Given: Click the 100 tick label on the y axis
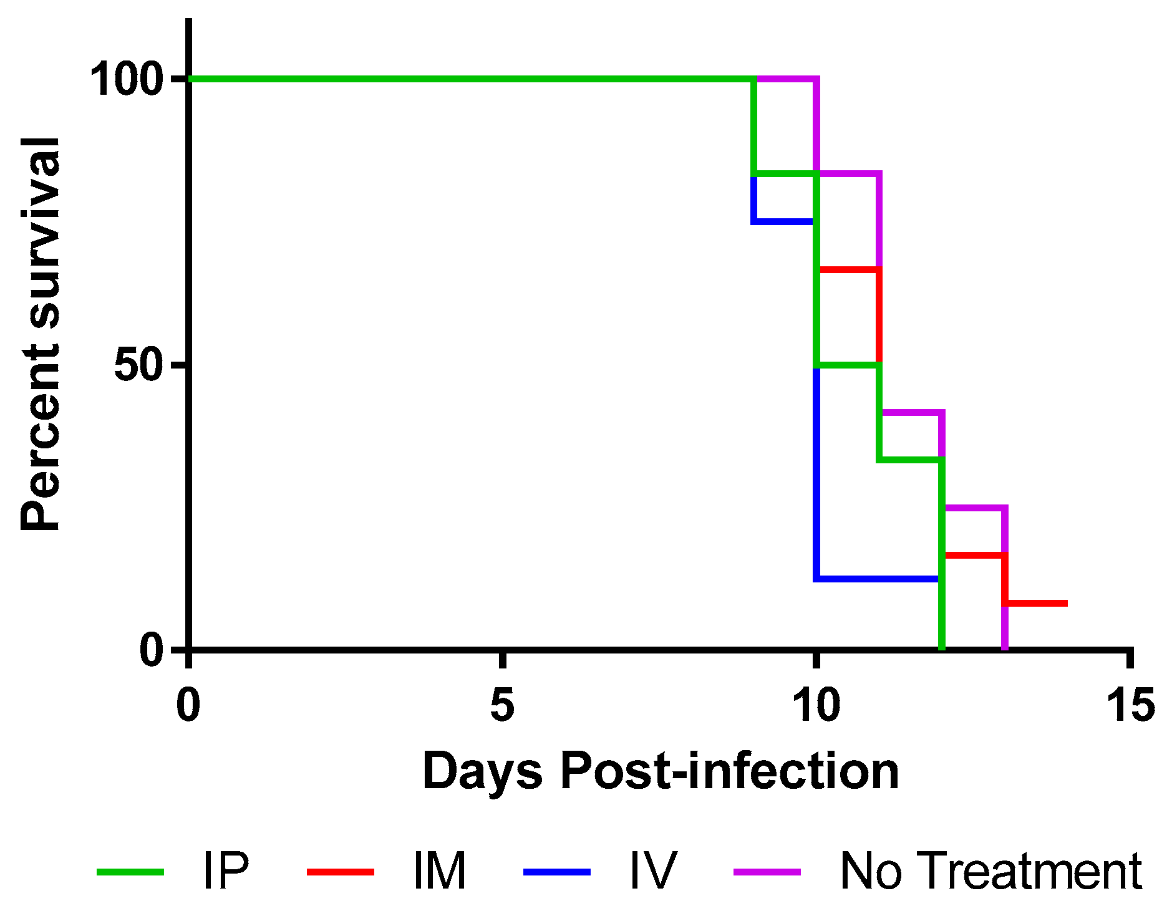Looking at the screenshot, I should pos(127,79).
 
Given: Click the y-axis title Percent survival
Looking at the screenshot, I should pos(41,334).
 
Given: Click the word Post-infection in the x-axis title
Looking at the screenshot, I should pos(730,771).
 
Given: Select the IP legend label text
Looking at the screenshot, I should pos(226,870).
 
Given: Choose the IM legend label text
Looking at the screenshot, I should pos(439,870).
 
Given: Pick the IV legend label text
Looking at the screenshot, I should pos(652,870).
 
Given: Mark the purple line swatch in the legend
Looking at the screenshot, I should pos(767,872).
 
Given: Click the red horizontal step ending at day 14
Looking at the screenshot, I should pos(1035,603).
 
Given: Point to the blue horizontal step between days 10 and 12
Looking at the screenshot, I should pos(876,579).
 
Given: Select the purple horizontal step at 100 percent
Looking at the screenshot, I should pos(786,79).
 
